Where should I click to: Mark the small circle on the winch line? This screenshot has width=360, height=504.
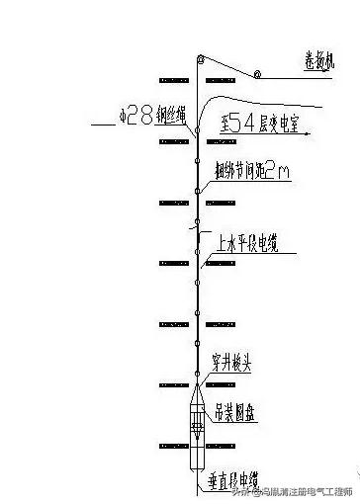tap(256, 74)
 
